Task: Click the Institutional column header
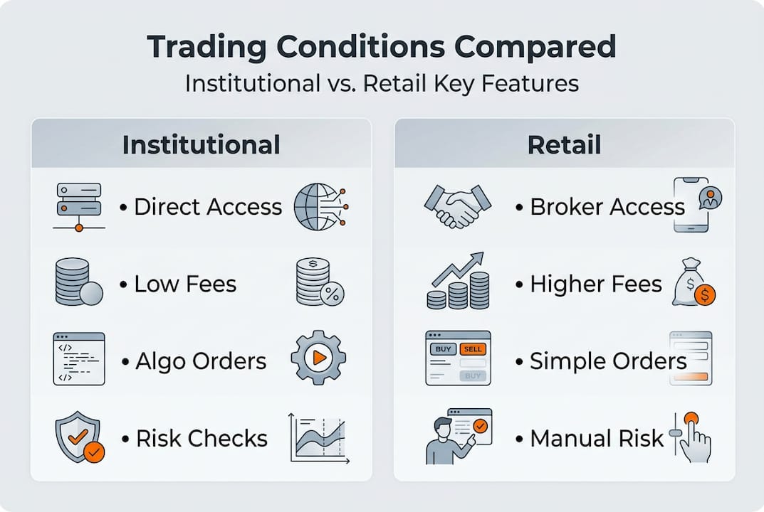coord(201,144)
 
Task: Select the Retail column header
coord(564,144)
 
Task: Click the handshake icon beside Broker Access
coord(457,206)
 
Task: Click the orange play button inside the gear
coord(319,358)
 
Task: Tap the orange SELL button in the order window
coord(471,349)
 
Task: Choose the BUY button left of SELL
coord(442,349)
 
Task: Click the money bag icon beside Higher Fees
coord(693,283)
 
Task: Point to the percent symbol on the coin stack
coord(332,294)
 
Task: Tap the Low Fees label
coord(185,284)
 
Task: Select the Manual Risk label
coord(597,438)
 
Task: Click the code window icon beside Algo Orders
coord(78,358)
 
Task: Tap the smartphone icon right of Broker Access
coord(692,205)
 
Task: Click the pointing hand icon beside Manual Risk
coord(693,438)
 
